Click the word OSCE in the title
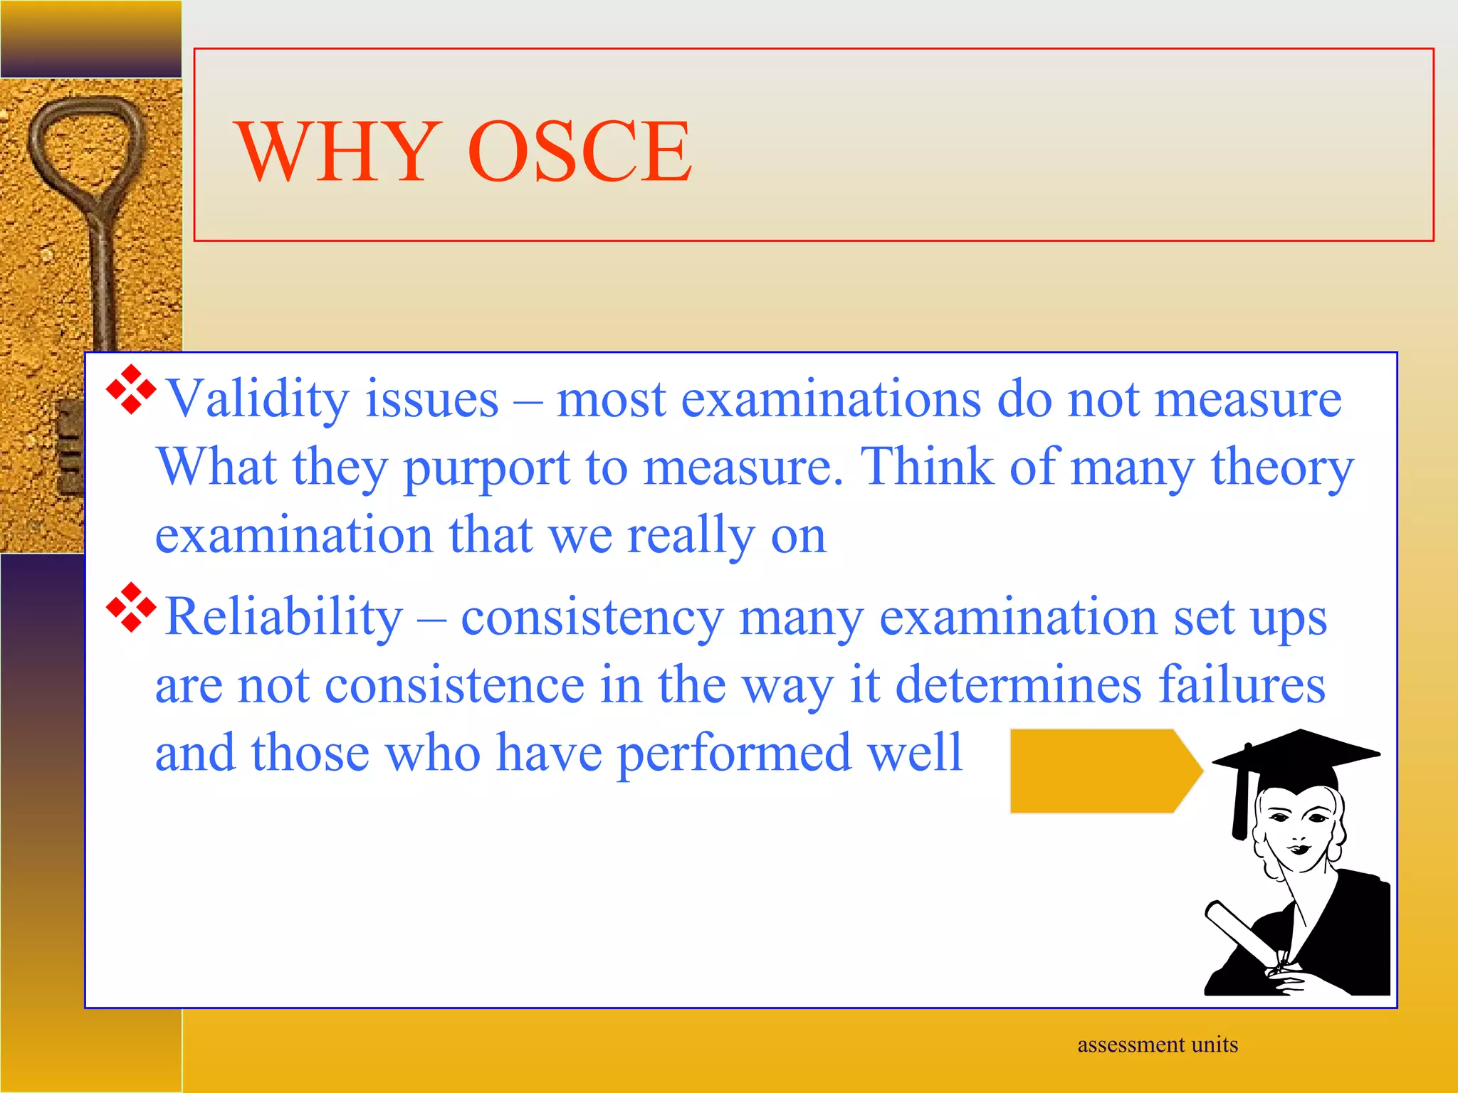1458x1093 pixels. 579,151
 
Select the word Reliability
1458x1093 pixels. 284,616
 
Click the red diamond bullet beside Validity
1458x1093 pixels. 131,389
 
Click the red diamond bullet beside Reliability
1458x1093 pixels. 131,607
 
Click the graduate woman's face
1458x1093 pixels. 1297,829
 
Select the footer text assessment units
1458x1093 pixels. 1158,1045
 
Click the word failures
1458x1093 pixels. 1242,685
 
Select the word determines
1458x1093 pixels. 1019,685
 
